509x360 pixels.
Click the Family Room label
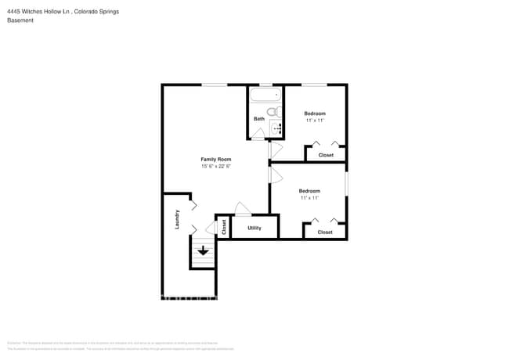(216, 159)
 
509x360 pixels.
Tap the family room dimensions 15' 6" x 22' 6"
(216, 166)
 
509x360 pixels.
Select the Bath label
(258, 119)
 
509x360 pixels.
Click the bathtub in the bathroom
(265, 96)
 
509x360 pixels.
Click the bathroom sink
(276, 129)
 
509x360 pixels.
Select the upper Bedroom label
(315, 113)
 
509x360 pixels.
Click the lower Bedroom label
(309, 191)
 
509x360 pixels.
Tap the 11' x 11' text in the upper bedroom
(315, 121)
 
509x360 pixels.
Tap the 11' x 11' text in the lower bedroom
(309, 198)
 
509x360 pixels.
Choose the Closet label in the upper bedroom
(325, 155)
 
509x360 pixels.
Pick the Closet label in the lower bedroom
(325, 232)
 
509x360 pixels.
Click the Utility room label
(254, 228)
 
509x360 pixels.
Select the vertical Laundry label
(178, 218)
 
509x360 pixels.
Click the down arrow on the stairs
(204, 251)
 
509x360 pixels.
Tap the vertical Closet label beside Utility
(224, 227)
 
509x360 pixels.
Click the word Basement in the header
(20, 20)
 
